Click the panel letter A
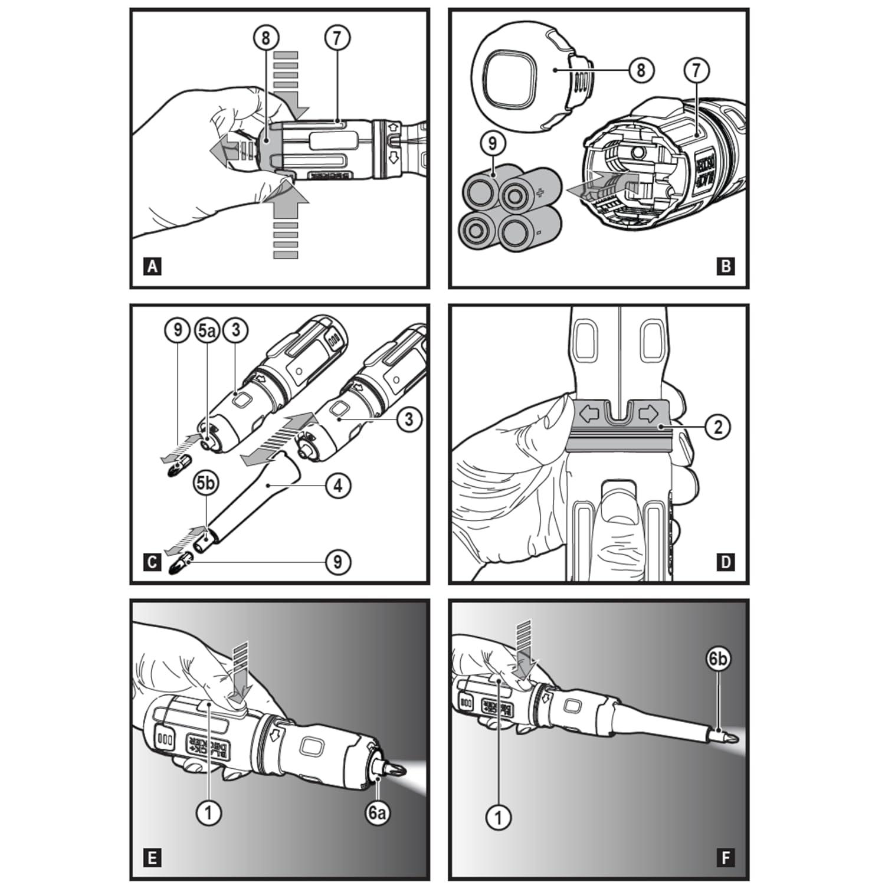pyautogui.click(x=152, y=266)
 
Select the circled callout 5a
pyautogui.click(x=206, y=330)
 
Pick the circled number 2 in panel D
pyautogui.click(x=717, y=427)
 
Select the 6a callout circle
pyautogui.click(x=377, y=813)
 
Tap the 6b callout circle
pyautogui.click(x=717, y=659)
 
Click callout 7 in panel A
pyautogui.click(x=337, y=38)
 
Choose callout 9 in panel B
pyautogui.click(x=492, y=144)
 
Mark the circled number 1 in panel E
pyautogui.click(x=208, y=813)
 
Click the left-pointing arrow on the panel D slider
pyautogui.click(x=589, y=414)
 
